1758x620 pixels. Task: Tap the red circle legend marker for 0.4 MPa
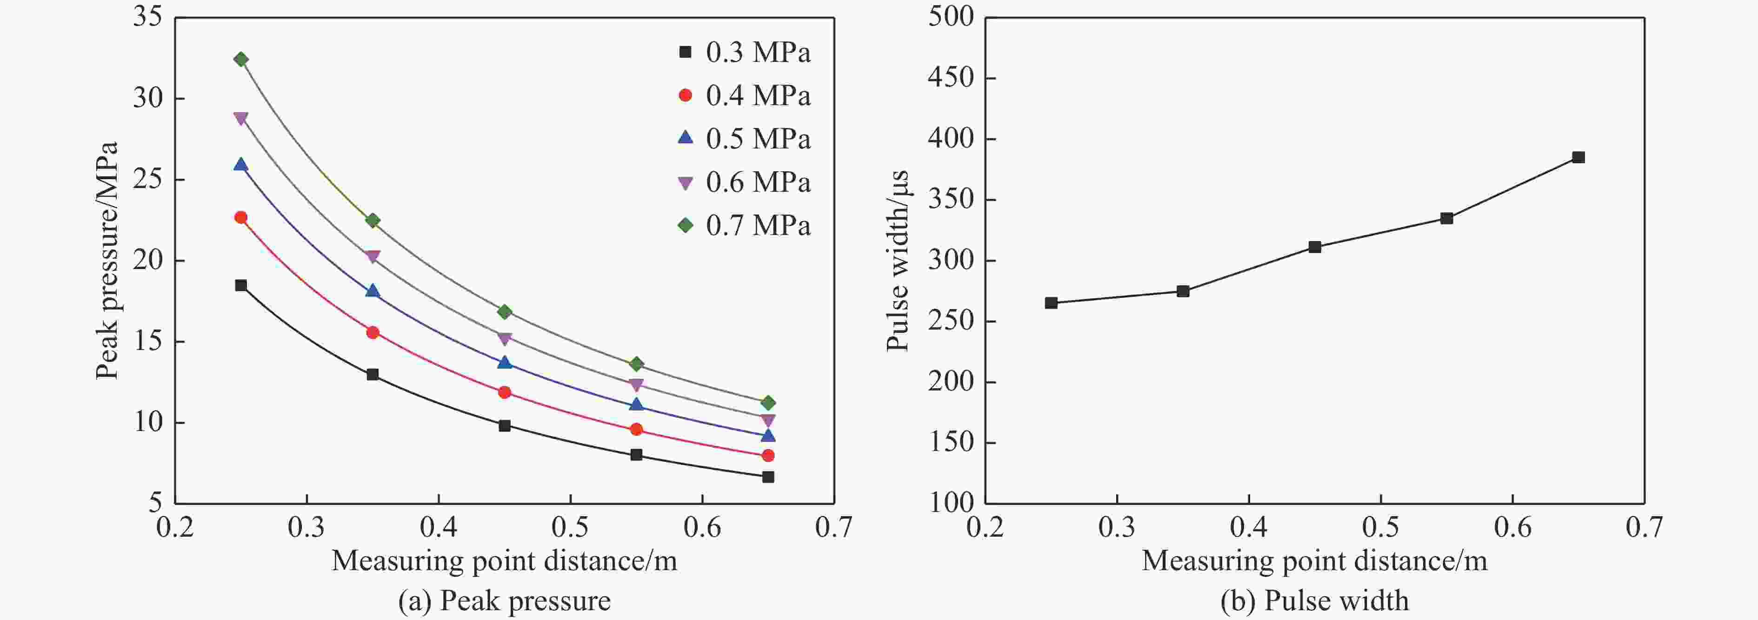tap(685, 95)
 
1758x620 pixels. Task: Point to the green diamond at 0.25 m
tap(241, 60)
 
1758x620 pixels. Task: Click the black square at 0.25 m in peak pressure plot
tap(241, 285)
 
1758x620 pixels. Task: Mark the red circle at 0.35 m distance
tap(373, 332)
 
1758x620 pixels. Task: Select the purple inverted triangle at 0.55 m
tap(636, 384)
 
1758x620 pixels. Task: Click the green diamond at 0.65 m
tap(768, 403)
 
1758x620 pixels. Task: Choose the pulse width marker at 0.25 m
tap(1051, 303)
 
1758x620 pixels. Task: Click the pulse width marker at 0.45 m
tap(1314, 247)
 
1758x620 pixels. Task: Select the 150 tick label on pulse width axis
tap(951, 442)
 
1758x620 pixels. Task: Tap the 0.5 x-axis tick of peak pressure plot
tap(570, 527)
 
